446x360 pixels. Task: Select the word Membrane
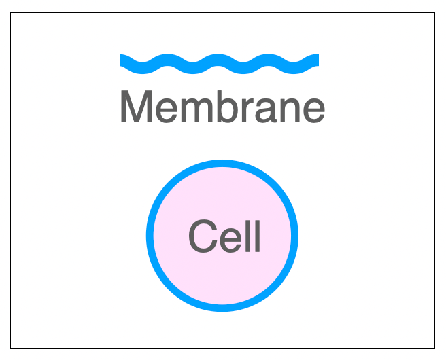(x=222, y=107)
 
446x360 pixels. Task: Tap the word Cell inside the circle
(x=224, y=237)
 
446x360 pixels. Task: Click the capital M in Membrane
(x=135, y=107)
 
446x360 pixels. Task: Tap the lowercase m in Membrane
(x=179, y=110)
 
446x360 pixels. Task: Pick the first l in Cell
(x=247, y=236)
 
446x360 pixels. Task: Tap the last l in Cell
(x=257, y=236)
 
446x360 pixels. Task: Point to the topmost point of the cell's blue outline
(x=222, y=164)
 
